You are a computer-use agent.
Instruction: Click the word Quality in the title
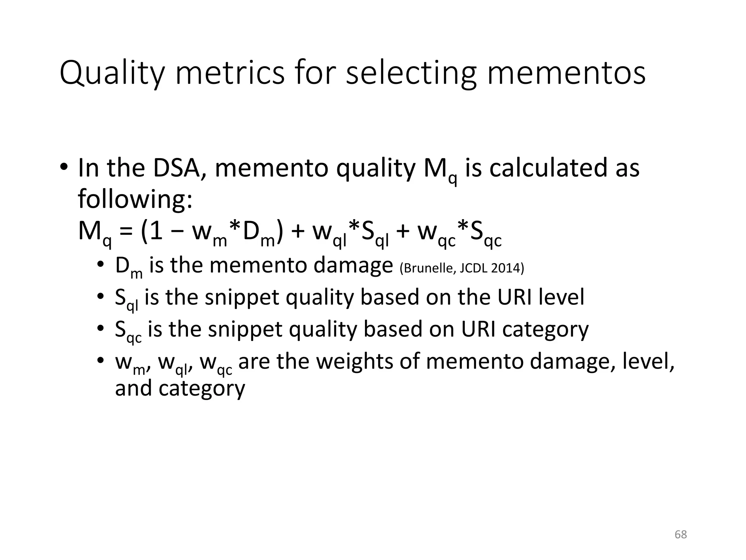[112, 74]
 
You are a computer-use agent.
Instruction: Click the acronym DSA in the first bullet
[177, 168]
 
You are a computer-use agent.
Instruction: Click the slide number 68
[681, 534]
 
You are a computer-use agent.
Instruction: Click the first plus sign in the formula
[298, 232]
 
